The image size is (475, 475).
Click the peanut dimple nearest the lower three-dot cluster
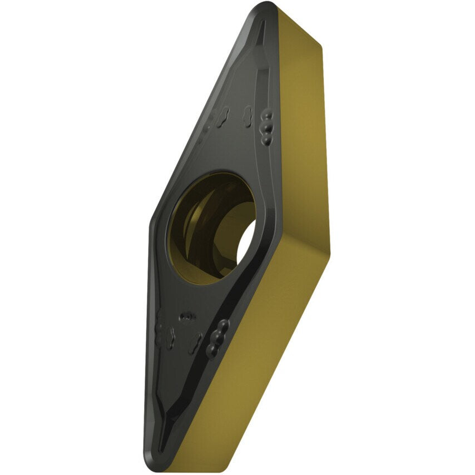195,342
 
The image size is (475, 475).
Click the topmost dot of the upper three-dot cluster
269,113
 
